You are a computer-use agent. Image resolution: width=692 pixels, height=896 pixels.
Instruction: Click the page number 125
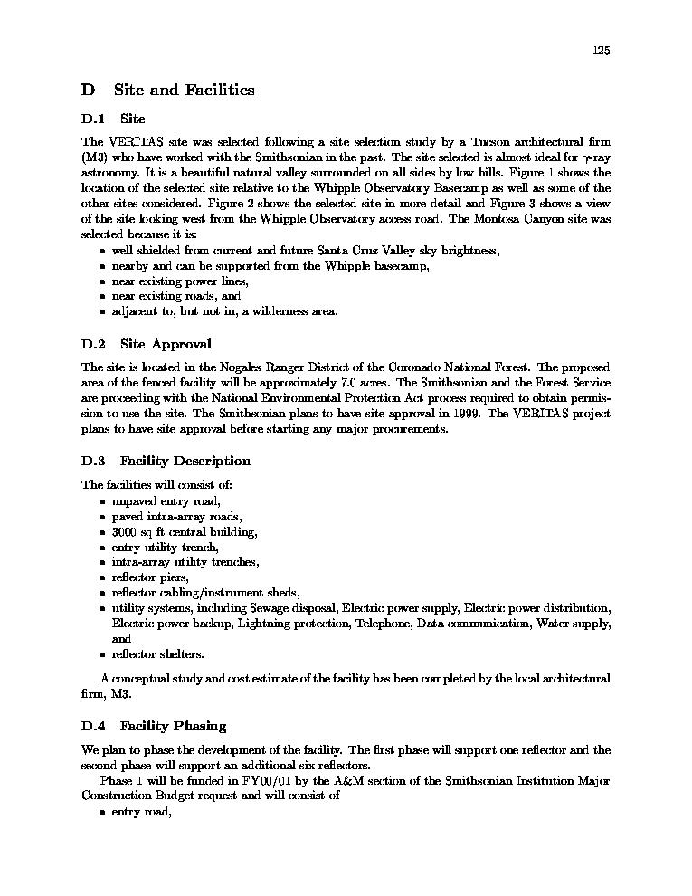tap(602, 51)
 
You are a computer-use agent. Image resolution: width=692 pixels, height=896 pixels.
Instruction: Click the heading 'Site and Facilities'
tap(184, 90)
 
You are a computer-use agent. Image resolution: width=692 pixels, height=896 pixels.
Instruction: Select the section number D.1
tap(93, 119)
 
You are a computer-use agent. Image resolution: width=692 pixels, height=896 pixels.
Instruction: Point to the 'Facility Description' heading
tap(185, 461)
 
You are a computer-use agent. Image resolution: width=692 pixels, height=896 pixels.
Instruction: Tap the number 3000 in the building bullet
tap(124, 532)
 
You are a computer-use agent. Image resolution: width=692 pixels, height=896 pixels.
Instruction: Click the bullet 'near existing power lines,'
tap(180, 281)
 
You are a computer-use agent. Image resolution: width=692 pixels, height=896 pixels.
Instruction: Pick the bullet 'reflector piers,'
tap(150, 577)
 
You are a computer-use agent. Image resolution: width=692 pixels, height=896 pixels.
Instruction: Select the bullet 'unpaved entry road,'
tap(166, 501)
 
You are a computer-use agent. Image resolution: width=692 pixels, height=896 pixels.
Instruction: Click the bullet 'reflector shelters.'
tap(157, 653)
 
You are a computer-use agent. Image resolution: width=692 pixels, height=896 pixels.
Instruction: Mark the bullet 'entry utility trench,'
tap(166, 548)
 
